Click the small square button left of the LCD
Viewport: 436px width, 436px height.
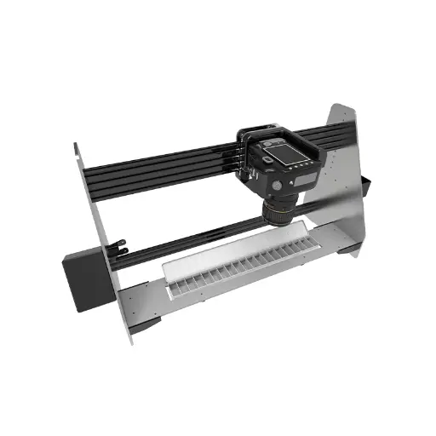point(267,159)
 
